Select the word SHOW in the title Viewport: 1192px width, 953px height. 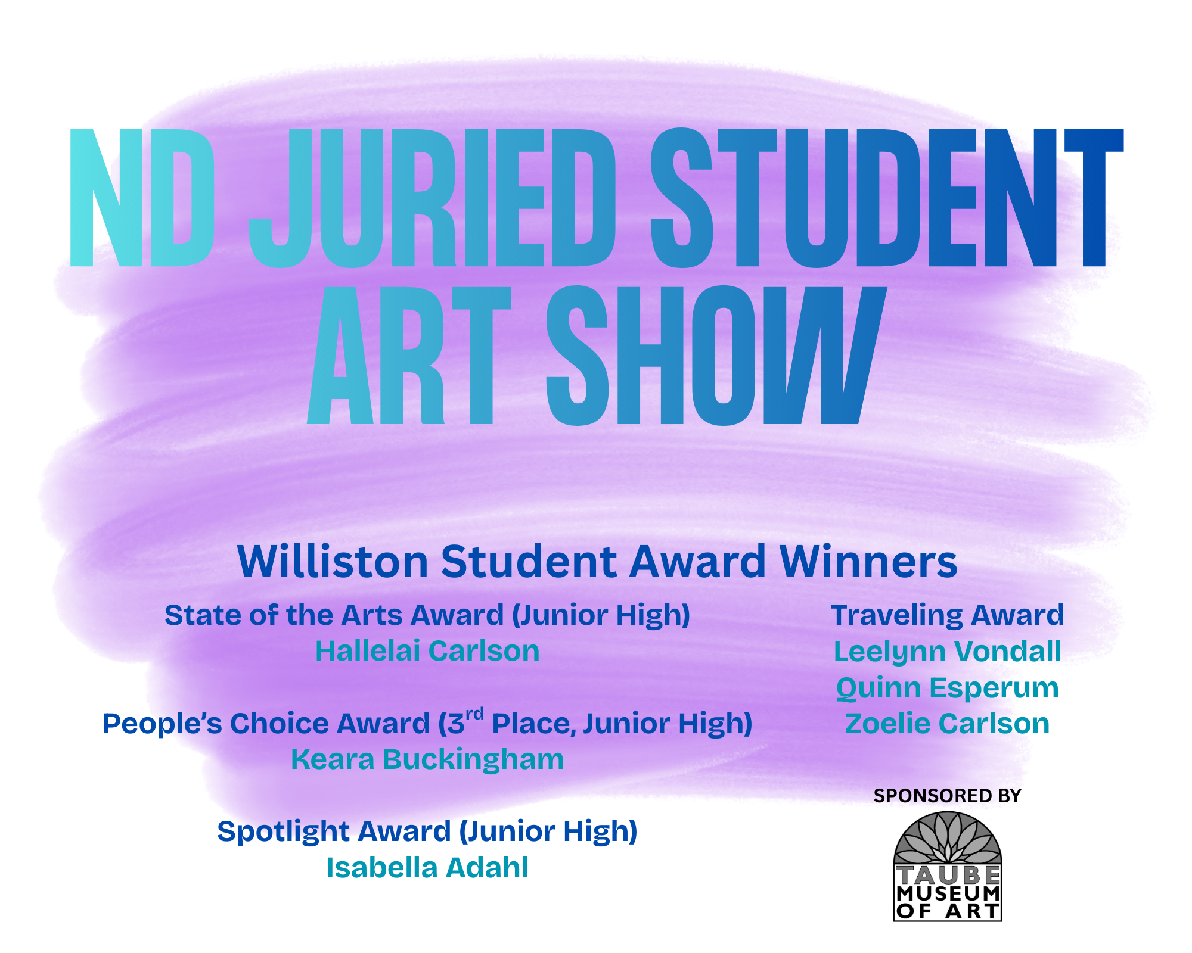[x=715, y=356]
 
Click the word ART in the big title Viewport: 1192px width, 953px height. [x=409, y=356]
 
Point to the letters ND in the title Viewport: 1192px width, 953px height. [x=142, y=198]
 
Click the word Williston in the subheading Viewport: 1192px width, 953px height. [x=333, y=562]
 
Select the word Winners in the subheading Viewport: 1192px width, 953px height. [x=868, y=562]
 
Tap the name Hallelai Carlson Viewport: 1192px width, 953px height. [x=427, y=651]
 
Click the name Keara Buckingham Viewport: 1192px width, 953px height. [x=427, y=759]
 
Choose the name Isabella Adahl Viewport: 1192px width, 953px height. [x=427, y=868]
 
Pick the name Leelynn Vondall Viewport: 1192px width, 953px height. [x=947, y=652]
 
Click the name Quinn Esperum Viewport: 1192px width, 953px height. [x=947, y=688]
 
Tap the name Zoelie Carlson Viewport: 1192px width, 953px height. [x=947, y=724]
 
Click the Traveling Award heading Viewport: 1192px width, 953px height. [x=947, y=615]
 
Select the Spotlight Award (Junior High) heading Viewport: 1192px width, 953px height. [x=427, y=831]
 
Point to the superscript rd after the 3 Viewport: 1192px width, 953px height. [x=474, y=714]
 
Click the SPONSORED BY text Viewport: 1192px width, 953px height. [x=947, y=796]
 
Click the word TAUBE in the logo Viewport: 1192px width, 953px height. [x=947, y=875]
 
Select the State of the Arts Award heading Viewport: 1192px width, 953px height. [x=427, y=615]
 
